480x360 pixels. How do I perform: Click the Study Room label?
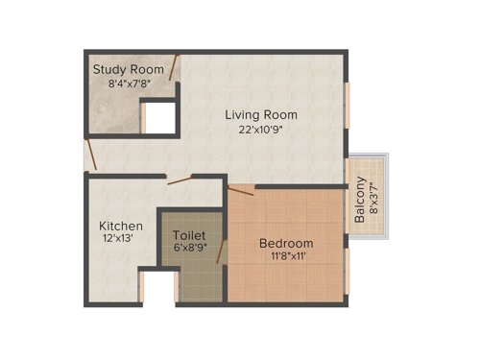128,69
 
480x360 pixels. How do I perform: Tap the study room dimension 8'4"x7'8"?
128,84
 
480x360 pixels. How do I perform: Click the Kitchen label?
121,227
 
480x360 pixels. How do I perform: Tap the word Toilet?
189,234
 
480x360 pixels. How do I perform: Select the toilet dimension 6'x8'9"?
190,249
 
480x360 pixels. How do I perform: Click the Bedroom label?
286,243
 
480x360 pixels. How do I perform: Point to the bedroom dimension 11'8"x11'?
286,257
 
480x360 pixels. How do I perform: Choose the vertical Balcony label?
358,203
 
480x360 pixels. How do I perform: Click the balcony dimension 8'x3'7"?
372,203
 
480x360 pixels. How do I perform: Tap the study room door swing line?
173,68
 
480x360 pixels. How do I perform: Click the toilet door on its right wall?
222,252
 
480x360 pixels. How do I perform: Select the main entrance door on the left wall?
89,154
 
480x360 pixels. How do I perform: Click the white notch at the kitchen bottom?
157,287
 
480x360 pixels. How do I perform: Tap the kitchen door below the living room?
180,179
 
